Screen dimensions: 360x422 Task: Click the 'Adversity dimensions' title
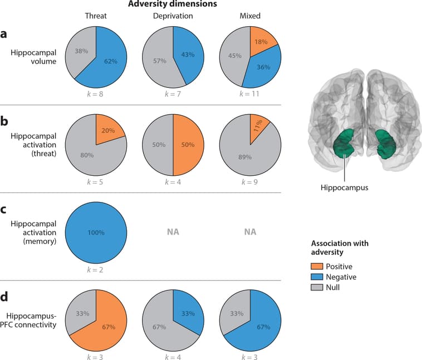tap(173, 4)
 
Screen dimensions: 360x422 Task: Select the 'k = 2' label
tap(96, 269)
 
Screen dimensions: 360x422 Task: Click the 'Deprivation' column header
tap(173, 16)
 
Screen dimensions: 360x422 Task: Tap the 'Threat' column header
tap(96, 16)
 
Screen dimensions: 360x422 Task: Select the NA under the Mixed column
tap(249, 231)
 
